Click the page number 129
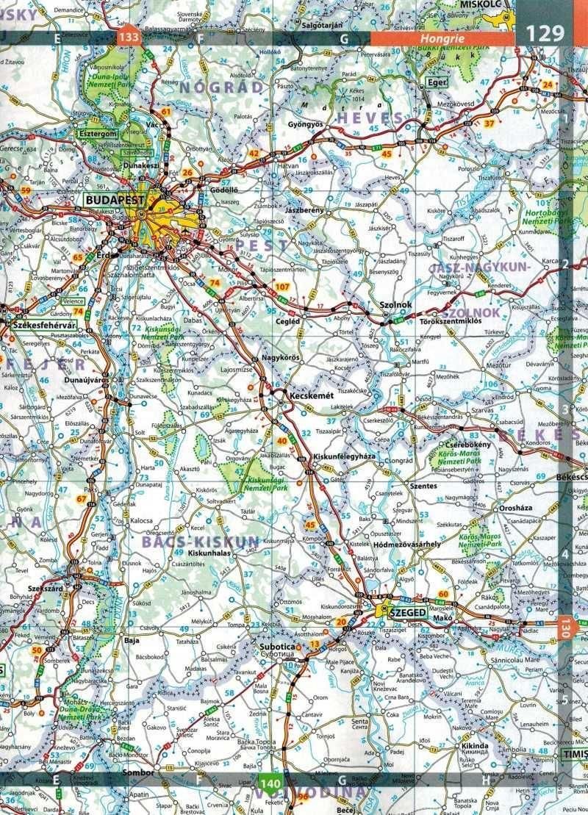(x=545, y=33)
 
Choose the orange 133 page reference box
(x=130, y=35)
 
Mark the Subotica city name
(x=277, y=647)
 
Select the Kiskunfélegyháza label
(x=344, y=456)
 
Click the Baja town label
(x=132, y=640)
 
